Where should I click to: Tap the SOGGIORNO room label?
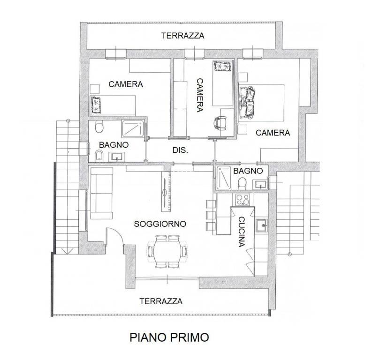[160, 224]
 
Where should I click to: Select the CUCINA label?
[242, 232]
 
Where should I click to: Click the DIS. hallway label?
[181, 150]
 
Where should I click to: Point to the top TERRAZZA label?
[182, 36]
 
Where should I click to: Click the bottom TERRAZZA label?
[161, 301]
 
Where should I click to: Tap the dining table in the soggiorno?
[167, 251]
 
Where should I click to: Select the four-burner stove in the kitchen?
[243, 200]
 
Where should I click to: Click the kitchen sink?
[262, 226]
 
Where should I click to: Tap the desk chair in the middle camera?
[220, 122]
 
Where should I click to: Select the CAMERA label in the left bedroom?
[125, 84]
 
